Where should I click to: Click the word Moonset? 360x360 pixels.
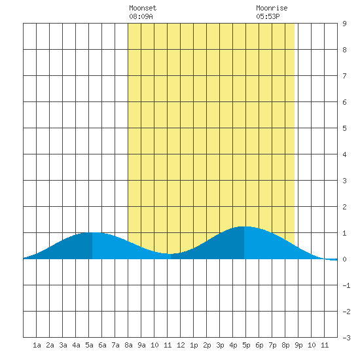pyautogui.click(x=143, y=8)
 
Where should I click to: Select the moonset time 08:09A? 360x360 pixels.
pyautogui.click(x=141, y=16)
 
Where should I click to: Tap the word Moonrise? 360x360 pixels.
pyautogui.click(x=272, y=8)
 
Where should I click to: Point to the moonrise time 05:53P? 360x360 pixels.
pyautogui.click(x=268, y=16)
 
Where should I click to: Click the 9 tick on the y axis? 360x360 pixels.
pyautogui.click(x=344, y=24)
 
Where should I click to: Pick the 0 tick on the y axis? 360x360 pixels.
pyautogui.click(x=344, y=259)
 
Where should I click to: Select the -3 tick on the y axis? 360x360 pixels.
pyautogui.click(x=346, y=338)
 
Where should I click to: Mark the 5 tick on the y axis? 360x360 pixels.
pyautogui.click(x=344, y=128)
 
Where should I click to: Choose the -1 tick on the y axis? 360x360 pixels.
pyautogui.click(x=346, y=285)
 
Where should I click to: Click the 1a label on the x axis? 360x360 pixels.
pyautogui.click(x=37, y=345)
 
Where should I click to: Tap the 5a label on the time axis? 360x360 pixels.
pyautogui.click(x=89, y=345)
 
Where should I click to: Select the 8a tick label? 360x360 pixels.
pyautogui.click(x=128, y=345)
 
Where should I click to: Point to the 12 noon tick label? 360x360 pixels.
pyautogui.click(x=181, y=345)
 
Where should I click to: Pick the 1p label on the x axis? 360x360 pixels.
pyautogui.click(x=194, y=345)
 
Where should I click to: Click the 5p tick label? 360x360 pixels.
pyautogui.click(x=246, y=345)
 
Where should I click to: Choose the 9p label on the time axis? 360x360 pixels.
pyautogui.click(x=298, y=345)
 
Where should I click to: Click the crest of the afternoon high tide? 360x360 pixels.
pyautogui.click(x=244, y=226)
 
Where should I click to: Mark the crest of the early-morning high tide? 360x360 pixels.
pyautogui.click(x=92, y=232)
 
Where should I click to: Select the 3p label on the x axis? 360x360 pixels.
pyautogui.click(x=220, y=345)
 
